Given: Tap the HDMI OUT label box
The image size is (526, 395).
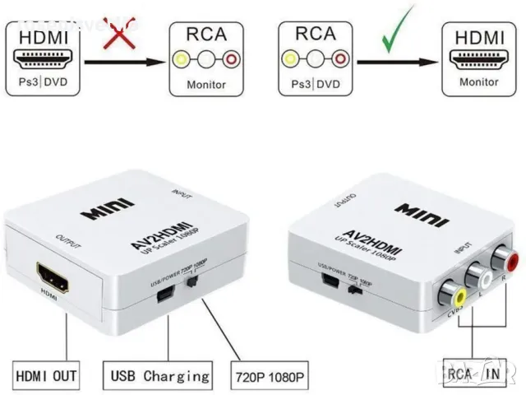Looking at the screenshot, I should [x=47, y=377].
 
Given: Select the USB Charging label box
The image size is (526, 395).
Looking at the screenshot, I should [x=155, y=377].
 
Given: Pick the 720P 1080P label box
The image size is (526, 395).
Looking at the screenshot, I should [x=269, y=377].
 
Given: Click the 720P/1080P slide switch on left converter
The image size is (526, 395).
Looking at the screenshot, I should [x=192, y=282].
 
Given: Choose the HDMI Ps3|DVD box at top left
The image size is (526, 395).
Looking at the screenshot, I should [x=46, y=59].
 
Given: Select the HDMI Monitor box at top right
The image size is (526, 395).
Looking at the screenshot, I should [x=479, y=59].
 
